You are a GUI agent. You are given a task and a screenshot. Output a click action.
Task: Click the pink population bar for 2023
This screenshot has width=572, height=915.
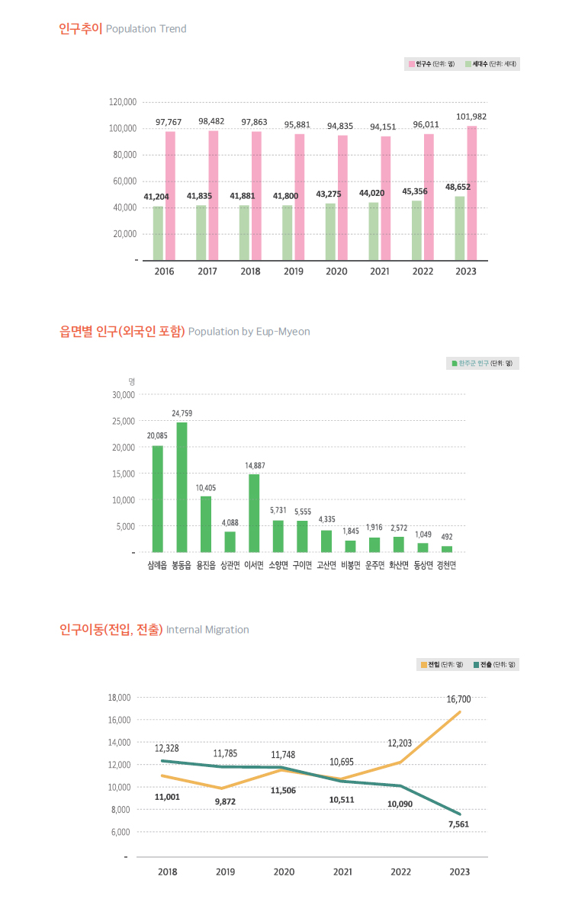pos(472,193)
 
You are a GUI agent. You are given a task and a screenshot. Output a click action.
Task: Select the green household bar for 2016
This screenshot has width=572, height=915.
pos(158,233)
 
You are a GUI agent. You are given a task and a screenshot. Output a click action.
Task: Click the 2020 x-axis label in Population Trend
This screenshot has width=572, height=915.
pos(336,271)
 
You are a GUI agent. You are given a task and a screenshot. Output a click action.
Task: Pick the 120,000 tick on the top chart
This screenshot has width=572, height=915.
pos(123,101)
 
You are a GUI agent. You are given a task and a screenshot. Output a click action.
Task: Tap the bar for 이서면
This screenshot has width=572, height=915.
pos(254,512)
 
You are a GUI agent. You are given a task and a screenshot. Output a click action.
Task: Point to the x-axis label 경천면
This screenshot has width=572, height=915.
pos(446,565)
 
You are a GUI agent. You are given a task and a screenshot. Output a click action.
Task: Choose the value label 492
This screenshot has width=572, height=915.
pos(446,537)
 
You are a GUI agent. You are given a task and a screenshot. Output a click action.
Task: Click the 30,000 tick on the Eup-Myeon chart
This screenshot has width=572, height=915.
pos(123,395)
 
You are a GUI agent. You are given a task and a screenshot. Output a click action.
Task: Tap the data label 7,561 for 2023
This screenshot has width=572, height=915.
pos(458,824)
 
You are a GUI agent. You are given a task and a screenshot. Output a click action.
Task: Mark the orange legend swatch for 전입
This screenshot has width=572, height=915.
pos(424,664)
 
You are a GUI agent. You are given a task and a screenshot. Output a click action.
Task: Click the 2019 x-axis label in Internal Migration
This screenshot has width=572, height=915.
pos(226,872)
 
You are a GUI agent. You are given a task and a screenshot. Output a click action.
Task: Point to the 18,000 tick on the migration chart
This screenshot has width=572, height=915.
pos(121,698)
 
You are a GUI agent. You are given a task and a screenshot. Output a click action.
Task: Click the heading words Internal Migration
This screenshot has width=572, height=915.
pos(207,630)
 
